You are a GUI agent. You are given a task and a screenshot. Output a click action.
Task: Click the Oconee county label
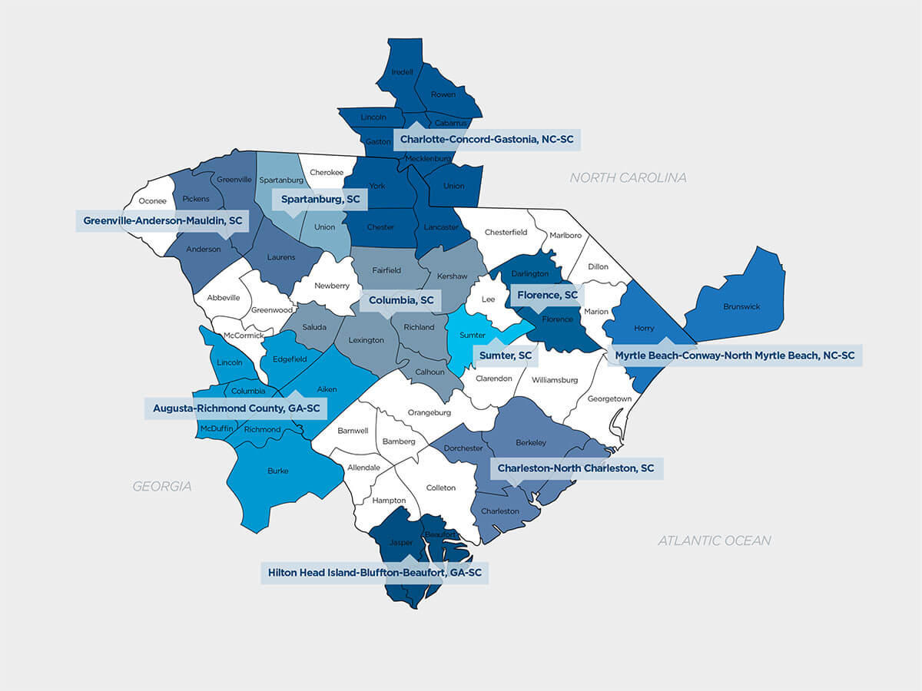(x=152, y=201)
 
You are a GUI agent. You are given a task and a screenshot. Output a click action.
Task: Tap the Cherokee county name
(x=327, y=173)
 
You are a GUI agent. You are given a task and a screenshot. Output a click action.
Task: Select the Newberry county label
(x=332, y=286)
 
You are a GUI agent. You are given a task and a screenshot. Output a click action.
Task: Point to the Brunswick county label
(x=741, y=306)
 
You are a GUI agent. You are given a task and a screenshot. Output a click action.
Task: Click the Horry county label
(x=644, y=328)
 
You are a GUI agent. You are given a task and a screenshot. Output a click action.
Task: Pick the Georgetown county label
(x=609, y=398)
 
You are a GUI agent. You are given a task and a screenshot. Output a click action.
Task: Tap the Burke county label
(x=278, y=471)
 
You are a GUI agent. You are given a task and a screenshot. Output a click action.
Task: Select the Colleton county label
(x=441, y=488)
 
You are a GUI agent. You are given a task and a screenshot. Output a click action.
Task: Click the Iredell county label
(x=403, y=72)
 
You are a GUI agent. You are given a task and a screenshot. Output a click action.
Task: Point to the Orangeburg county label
(x=429, y=412)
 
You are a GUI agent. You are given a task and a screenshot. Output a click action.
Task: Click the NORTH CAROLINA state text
(x=628, y=178)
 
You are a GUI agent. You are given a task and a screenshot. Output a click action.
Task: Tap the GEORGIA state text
(x=161, y=486)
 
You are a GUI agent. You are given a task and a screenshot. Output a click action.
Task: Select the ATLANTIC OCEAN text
(x=714, y=541)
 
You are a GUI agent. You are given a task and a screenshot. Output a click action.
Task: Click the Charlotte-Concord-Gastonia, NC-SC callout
(x=487, y=140)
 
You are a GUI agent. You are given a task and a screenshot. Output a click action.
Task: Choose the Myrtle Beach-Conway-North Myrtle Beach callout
(x=735, y=355)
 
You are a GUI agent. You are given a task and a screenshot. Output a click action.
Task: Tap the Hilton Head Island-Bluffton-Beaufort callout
(x=374, y=573)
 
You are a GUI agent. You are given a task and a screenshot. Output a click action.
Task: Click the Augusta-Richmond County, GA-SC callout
(x=236, y=408)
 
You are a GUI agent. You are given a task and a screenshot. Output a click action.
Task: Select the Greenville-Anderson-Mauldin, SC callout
(x=162, y=221)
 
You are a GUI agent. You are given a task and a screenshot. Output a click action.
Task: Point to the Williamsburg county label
(x=554, y=380)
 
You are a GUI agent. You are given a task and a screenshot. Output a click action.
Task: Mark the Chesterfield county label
(x=506, y=232)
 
